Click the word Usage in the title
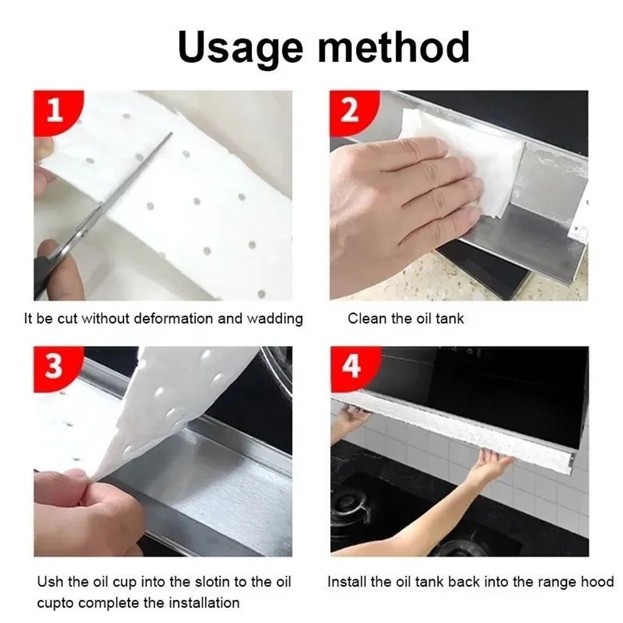click(x=240, y=47)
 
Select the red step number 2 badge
click(x=352, y=111)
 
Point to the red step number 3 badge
click(x=55, y=366)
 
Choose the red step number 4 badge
click(x=352, y=366)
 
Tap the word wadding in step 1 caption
click(x=275, y=319)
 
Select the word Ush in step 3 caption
click(x=50, y=582)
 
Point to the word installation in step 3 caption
click(x=204, y=603)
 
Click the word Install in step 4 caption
click(x=347, y=582)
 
